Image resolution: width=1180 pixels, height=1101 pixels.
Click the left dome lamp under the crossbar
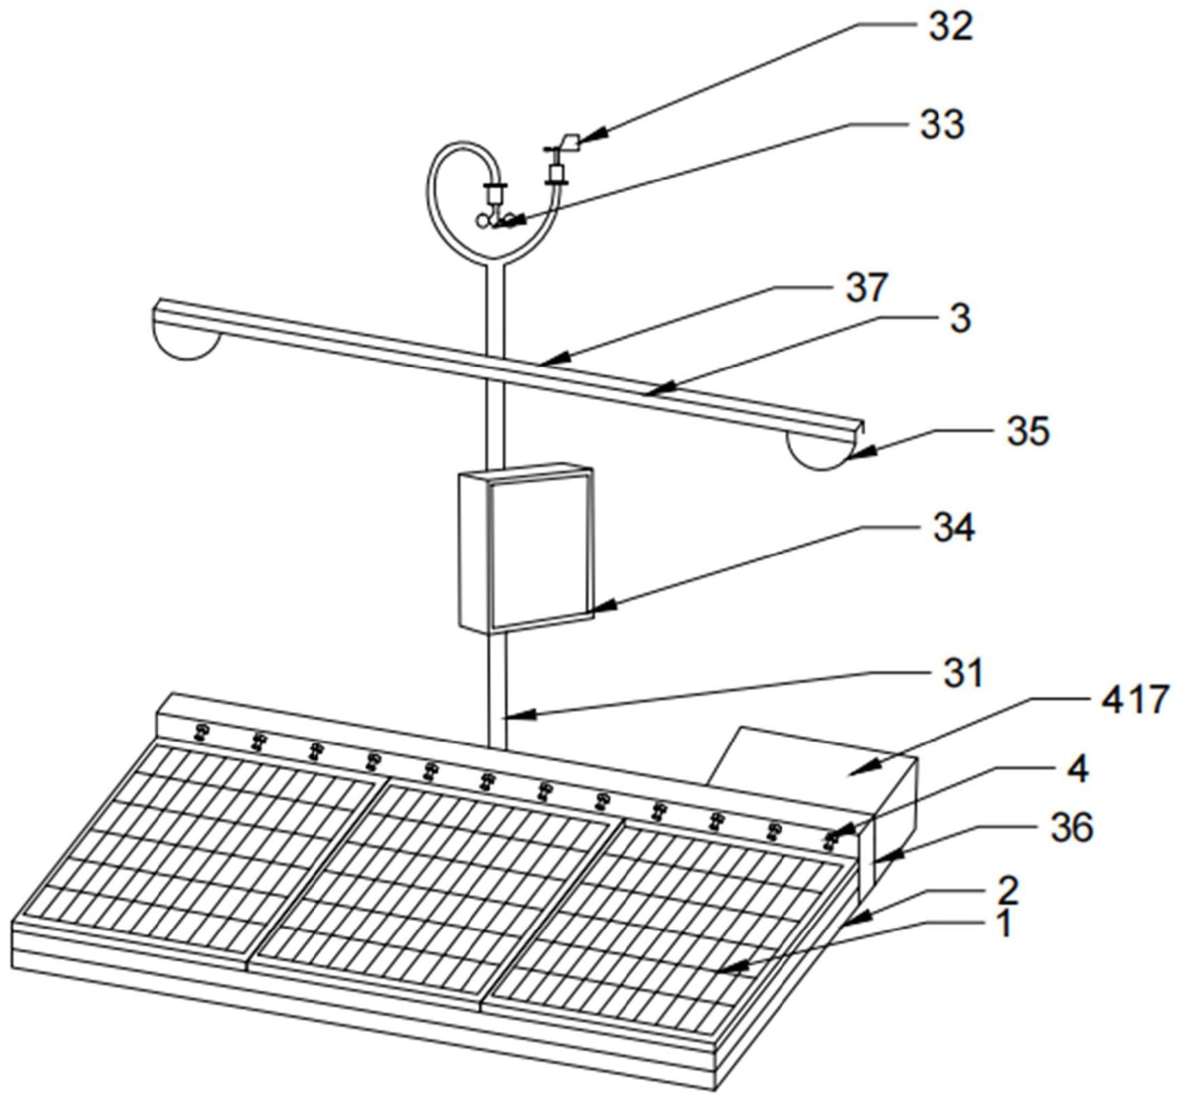(186, 344)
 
